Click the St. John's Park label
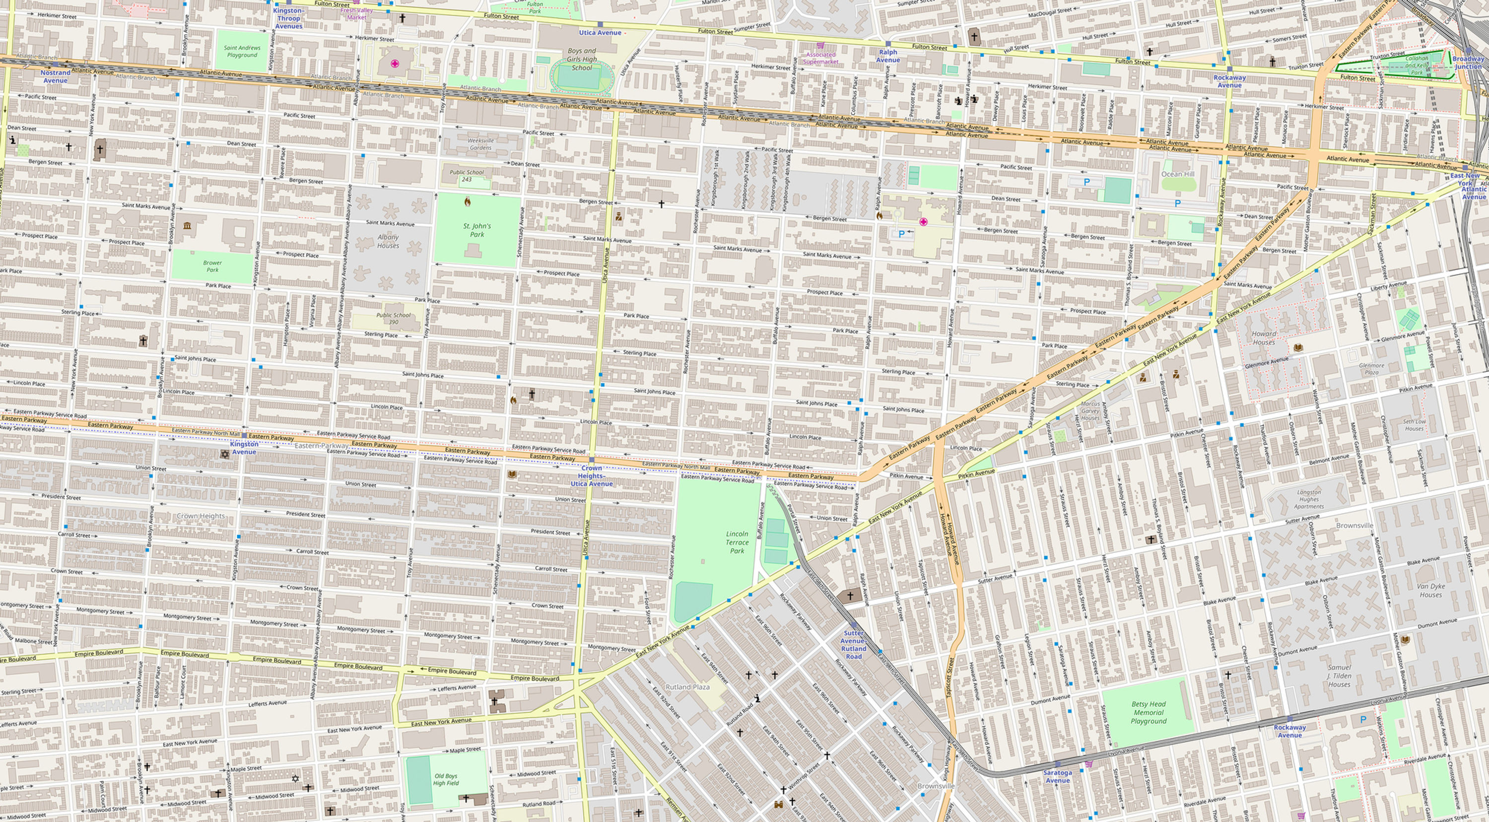click(477, 230)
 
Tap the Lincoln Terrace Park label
click(737, 542)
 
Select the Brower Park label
click(212, 266)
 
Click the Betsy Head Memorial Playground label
click(1148, 712)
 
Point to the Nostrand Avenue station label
click(56, 76)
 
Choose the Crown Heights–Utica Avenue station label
click(591, 476)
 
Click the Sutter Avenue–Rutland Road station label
click(853, 644)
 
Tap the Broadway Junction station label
click(1468, 63)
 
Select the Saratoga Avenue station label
click(1057, 776)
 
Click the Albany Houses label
click(388, 241)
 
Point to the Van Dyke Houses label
click(1430, 590)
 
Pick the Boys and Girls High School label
click(582, 59)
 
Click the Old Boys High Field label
click(446, 779)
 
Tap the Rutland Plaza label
click(687, 686)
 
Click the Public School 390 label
click(393, 319)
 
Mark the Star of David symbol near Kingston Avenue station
click(225, 454)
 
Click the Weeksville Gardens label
click(480, 144)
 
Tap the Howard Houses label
click(1264, 338)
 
